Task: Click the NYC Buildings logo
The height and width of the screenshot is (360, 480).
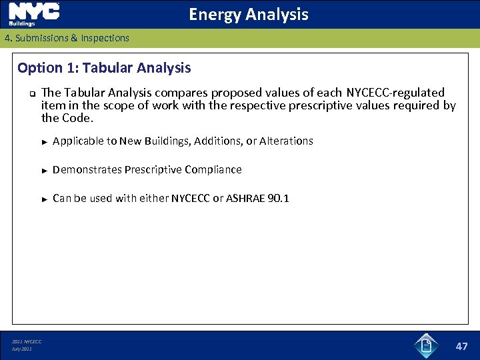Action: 33,14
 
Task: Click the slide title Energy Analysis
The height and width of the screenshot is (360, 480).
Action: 248,14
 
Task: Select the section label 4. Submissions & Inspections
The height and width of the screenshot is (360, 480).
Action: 67,38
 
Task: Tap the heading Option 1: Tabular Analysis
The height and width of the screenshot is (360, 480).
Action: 104,68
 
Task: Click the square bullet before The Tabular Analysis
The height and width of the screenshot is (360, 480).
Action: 31,93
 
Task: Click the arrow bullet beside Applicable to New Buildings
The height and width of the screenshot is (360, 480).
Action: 44,141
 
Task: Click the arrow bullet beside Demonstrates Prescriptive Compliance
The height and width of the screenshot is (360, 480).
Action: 44,170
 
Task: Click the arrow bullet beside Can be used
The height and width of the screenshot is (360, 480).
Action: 44,199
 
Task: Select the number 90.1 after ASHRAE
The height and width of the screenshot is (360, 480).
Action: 278,198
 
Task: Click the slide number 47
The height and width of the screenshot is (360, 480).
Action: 461,346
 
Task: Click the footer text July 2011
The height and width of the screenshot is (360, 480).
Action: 21,349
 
